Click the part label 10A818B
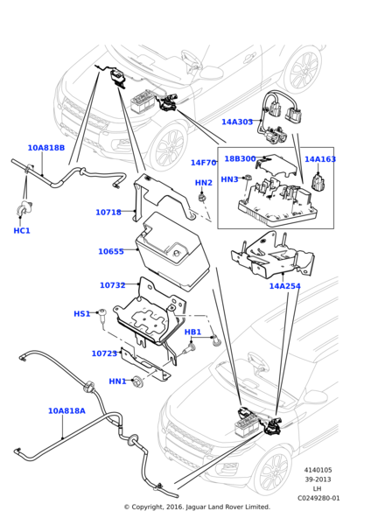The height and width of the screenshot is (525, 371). [45, 148]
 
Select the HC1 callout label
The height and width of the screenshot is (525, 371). [22, 230]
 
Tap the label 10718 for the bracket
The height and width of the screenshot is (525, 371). [108, 212]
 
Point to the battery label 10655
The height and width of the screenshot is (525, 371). [111, 251]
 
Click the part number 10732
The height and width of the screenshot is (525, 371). [113, 285]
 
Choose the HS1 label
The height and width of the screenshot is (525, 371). [81, 313]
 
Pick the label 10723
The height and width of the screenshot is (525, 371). [104, 353]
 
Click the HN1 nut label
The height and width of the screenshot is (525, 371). [117, 381]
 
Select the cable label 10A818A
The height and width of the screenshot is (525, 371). [66, 410]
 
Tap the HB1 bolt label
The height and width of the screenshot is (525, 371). [192, 332]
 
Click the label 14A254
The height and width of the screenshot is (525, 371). [285, 286]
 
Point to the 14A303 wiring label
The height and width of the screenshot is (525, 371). [237, 122]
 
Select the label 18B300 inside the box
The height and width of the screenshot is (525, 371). [240, 158]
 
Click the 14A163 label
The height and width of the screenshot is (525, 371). [320, 159]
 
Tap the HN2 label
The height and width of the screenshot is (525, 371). [204, 183]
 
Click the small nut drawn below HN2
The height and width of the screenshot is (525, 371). [201, 197]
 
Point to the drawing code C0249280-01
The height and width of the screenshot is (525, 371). [318, 498]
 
